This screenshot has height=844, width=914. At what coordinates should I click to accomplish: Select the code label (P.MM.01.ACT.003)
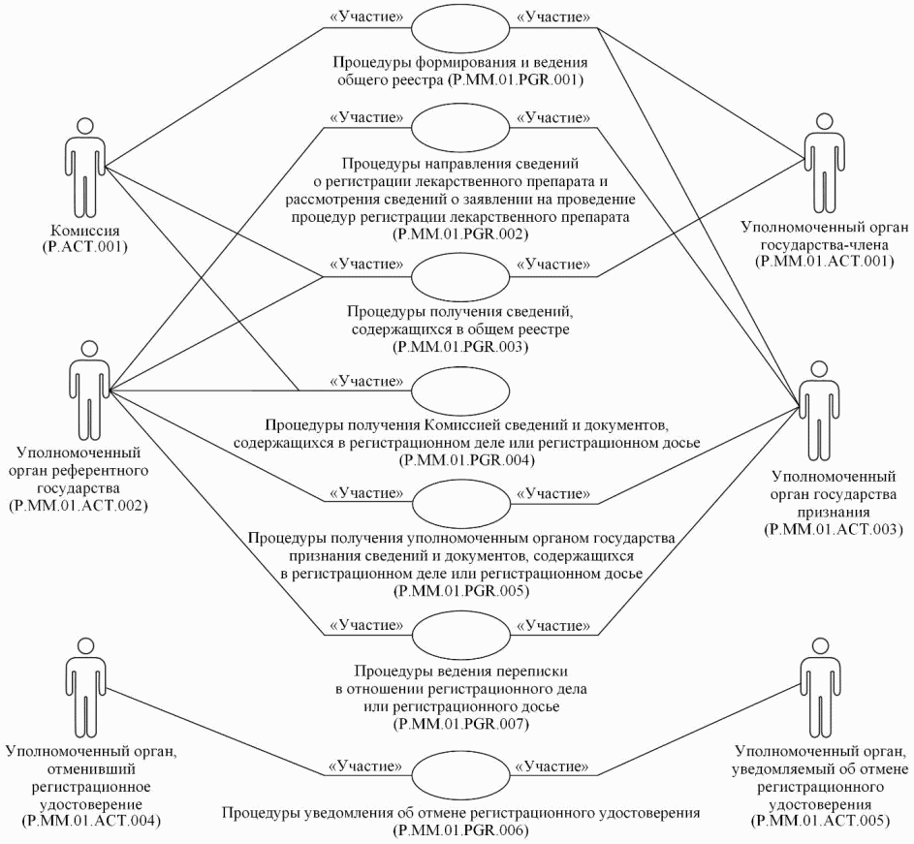tap(834, 529)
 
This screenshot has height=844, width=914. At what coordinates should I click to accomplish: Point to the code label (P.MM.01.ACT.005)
tap(821, 821)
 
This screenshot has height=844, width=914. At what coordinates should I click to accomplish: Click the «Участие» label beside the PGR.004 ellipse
tap(365, 380)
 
